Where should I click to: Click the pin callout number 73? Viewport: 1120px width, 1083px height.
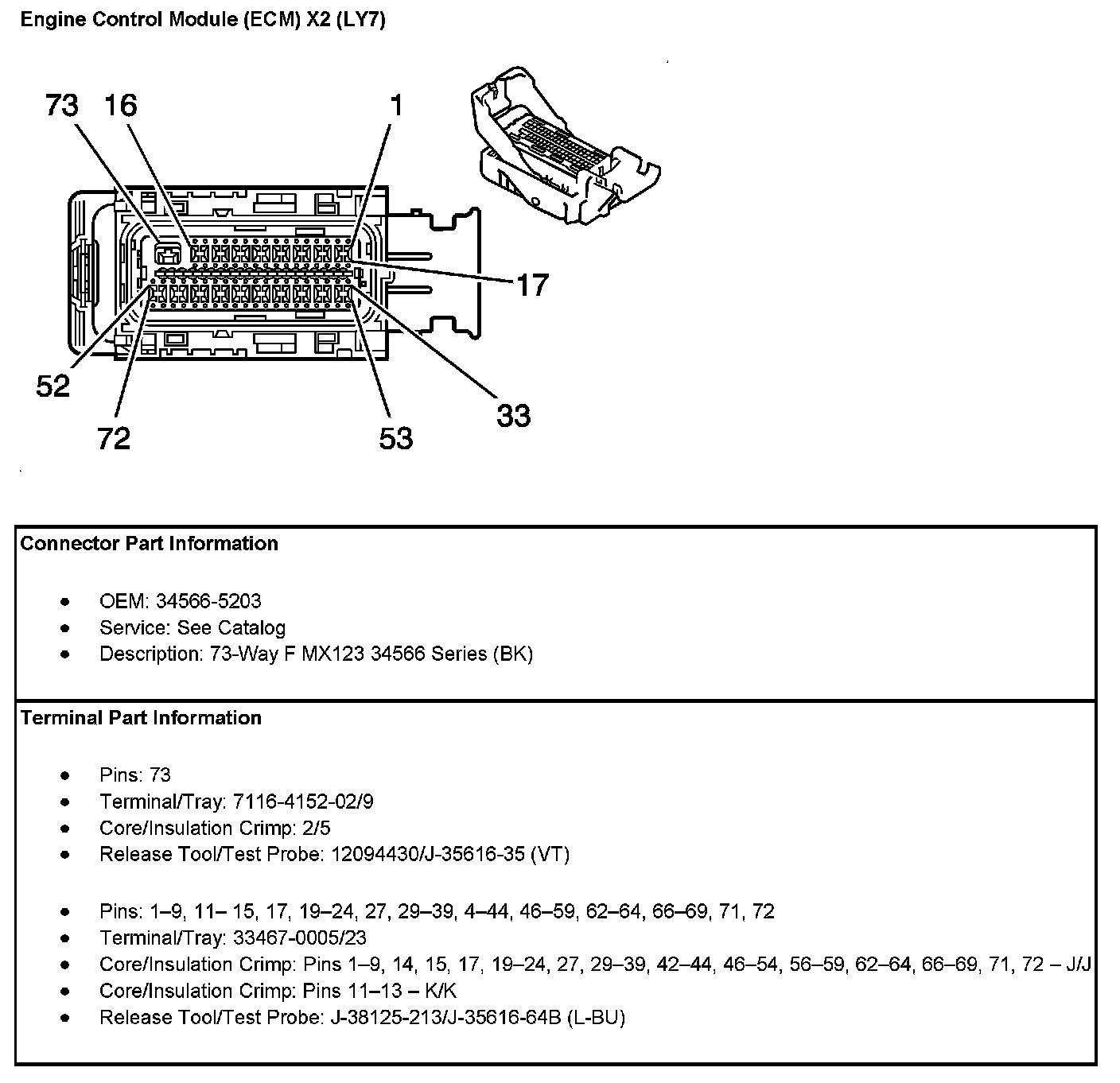(61, 105)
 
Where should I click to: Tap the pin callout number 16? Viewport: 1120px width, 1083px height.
(121, 105)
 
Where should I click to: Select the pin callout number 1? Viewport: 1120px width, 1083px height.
(397, 105)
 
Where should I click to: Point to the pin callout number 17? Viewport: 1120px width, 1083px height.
(533, 285)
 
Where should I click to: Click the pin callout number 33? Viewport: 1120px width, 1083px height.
(513, 416)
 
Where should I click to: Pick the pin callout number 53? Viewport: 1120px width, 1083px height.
(396, 438)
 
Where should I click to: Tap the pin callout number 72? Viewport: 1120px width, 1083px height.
(114, 438)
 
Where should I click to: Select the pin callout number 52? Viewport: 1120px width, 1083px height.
(53, 386)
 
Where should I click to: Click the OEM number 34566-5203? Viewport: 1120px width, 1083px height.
(208, 601)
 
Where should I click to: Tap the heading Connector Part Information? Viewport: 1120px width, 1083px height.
(149, 543)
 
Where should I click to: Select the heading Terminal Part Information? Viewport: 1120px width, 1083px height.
(141, 717)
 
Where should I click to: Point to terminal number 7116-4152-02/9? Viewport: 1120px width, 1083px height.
(303, 801)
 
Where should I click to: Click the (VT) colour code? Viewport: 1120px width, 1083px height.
(550, 854)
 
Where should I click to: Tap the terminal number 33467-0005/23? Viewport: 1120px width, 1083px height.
(300, 937)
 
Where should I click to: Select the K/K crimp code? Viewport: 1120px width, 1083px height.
(441, 990)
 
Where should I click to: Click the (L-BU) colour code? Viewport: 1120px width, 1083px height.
(597, 1017)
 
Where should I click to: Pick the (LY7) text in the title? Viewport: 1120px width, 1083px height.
(361, 20)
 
